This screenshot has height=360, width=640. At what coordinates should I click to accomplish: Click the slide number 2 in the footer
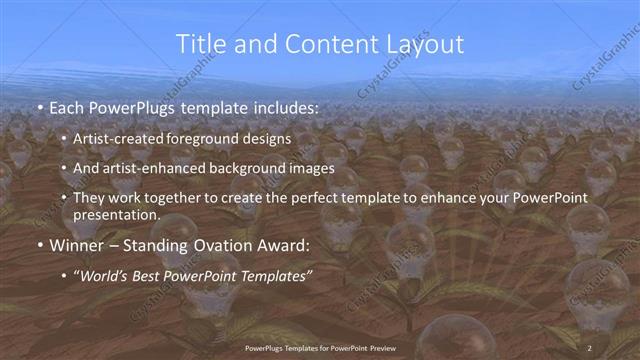[x=590, y=346]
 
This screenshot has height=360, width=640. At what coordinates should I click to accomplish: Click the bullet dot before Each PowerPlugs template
[x=38, y=107]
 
